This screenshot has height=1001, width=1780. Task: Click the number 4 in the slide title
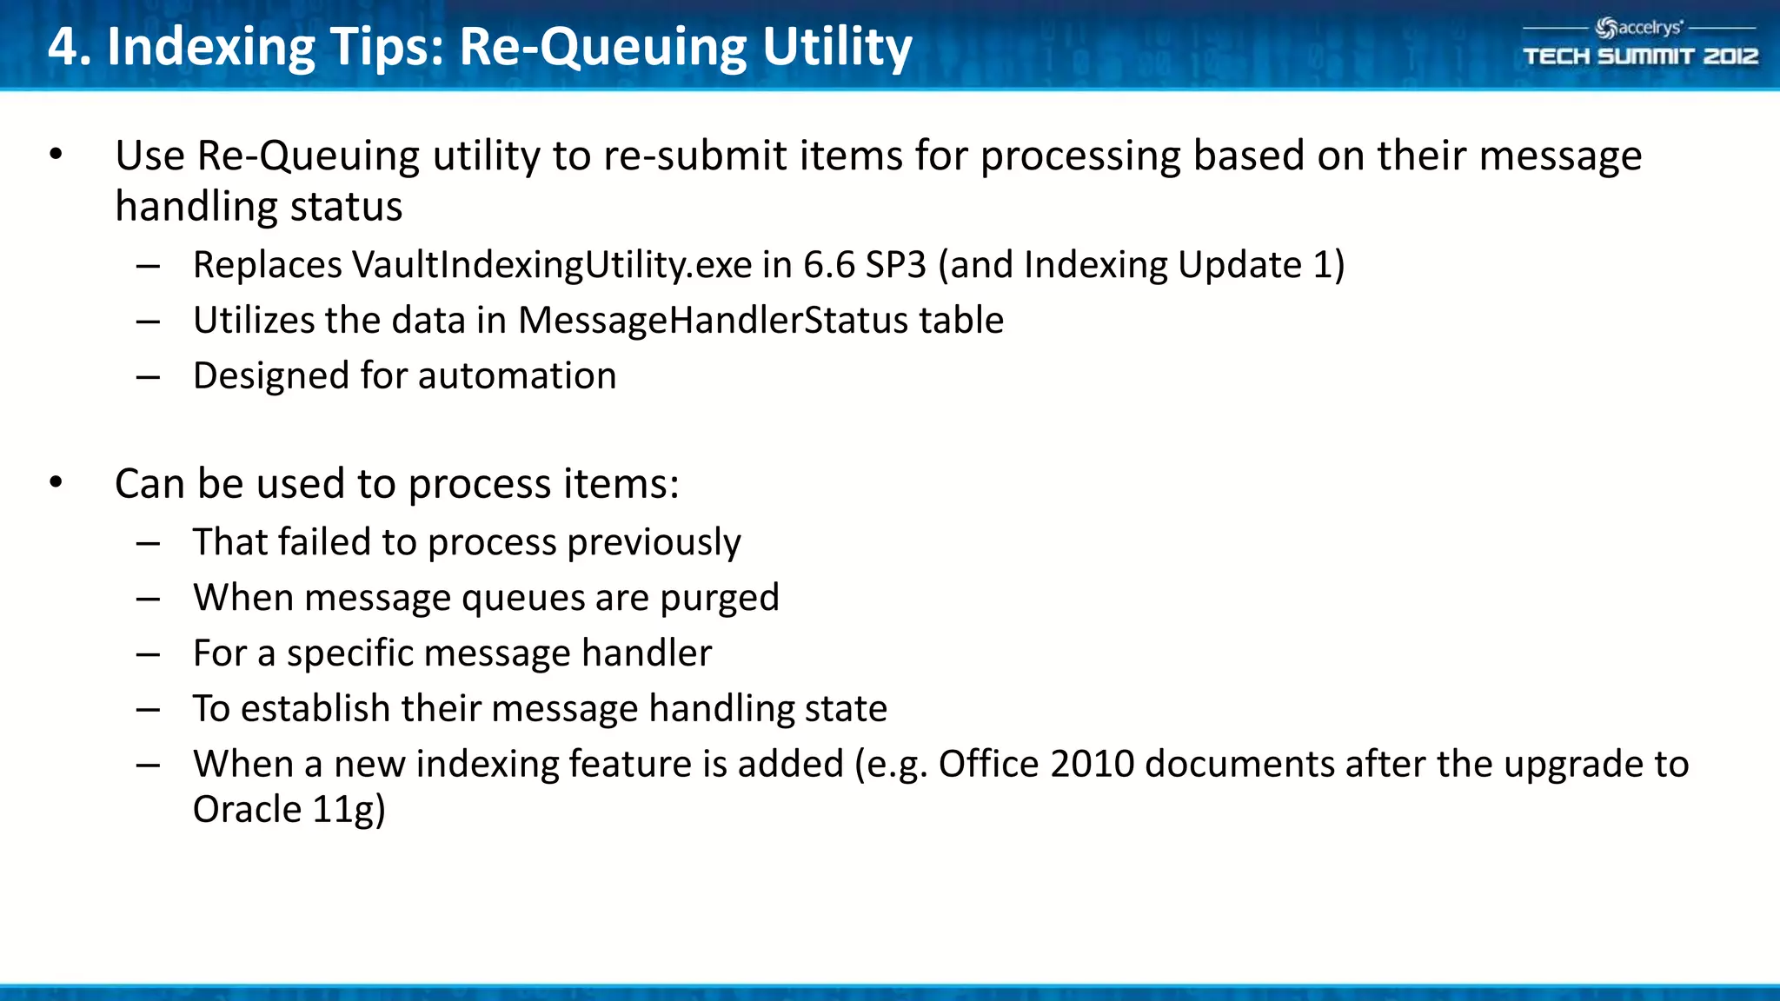63,47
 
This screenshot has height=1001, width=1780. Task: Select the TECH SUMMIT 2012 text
1640,56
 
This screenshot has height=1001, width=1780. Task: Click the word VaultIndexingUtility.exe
551,265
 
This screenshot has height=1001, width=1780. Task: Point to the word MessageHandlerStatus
713,321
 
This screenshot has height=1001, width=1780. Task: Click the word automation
517,376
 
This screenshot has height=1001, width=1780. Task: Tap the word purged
720,598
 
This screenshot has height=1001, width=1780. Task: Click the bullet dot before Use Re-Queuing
56,156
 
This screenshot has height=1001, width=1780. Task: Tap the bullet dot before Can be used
56,483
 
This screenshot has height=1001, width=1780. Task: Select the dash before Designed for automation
148,377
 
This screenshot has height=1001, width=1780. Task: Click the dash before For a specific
148,654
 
